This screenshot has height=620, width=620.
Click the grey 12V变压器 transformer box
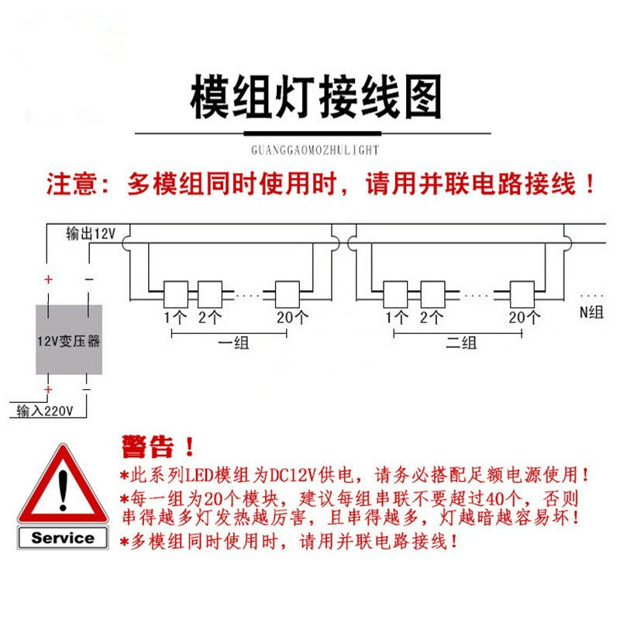(x=69, y=339)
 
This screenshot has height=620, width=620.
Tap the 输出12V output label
(x=91, y=234)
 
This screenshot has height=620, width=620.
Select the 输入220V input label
(x=45, y=411)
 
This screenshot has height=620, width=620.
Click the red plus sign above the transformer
(x=48, y=280)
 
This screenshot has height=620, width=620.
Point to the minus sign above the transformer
(x=89, y=279)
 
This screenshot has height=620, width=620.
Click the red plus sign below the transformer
(x=48, y=390)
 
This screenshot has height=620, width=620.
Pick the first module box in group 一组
(x=176, y=294)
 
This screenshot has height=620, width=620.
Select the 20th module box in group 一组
(x=288, y=294)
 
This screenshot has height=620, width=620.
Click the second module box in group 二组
(x=432, y=294)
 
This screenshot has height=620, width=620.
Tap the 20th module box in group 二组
(x=522, y=294)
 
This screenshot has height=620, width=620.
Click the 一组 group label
(x=234, y=343)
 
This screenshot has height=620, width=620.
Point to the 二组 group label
(x=461, y=343)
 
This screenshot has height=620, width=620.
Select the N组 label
(x=591, y=312)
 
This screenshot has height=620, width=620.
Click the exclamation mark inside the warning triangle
(x=64, y=490)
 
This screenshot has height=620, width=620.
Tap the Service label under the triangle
(x=63, y=538)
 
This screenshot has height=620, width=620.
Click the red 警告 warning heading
(x=148, y=447)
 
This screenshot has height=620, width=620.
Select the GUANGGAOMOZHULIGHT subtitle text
(x=315, y=150)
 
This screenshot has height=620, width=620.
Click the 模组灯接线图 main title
(x=316, y=96)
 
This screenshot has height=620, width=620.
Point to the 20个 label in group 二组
(x=525, y=317)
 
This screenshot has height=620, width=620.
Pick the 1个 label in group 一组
(x=176, y=317)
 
